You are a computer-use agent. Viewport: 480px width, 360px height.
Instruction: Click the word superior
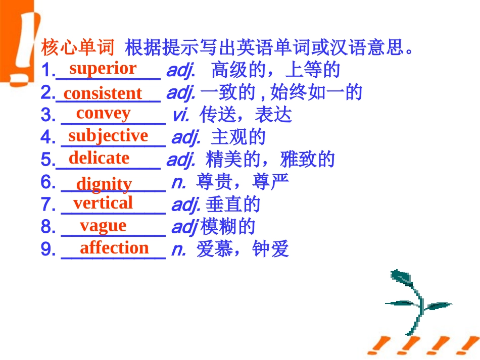tap(103, 68)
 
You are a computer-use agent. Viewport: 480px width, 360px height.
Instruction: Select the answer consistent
tap(103, 93)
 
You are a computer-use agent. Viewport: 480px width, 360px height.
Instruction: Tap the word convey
tap(103, 113)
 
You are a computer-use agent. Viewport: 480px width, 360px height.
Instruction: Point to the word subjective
tap(108, 135)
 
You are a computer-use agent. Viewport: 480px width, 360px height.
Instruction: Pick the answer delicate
tap(99, 158)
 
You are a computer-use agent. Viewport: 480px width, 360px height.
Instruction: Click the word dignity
tap(104, 184)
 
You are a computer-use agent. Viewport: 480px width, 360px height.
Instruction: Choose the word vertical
tap(103, 203)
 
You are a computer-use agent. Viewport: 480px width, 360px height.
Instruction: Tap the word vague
tap(103, 225)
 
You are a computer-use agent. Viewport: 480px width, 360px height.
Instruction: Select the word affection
tap(114, 247)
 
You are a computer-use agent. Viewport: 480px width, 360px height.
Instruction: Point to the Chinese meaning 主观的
tap(238, 137)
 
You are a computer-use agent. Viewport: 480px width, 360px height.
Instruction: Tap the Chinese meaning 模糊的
tap(228, 227)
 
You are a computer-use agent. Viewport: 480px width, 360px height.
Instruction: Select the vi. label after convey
tap(180, 116)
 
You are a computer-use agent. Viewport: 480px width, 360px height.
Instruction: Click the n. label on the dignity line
tap(178, 182)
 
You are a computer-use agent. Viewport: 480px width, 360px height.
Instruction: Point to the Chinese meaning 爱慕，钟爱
tap(243, 249)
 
